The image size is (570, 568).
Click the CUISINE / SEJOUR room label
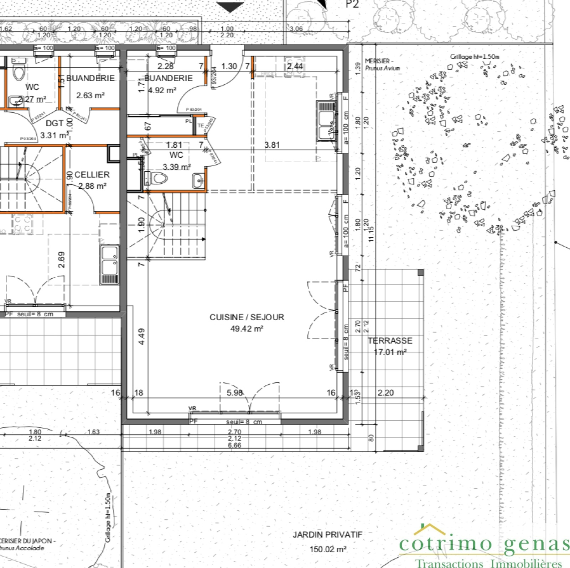tap(247, 317)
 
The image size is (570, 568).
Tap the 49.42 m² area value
tap(247, 328)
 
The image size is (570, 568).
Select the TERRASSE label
tap(390, 341)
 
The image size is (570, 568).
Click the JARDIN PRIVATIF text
tap(327, 535)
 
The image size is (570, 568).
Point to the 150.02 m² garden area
tap(327, 549)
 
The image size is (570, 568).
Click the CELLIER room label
tap(92, 175)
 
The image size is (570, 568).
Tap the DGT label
tap(55, 123)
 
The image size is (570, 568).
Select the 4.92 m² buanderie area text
tap(162, 90)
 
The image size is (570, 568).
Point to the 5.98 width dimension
tap(235, 393)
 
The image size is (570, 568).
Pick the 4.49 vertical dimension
tap(141, 336)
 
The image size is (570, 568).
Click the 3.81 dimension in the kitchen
tap(272, 145)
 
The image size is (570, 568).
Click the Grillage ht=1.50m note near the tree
tap(475, 57)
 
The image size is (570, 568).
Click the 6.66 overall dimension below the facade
tap(234, 445)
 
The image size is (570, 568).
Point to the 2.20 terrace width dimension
tap(385, 393)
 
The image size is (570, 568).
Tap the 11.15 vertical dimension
tap(371, 234)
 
